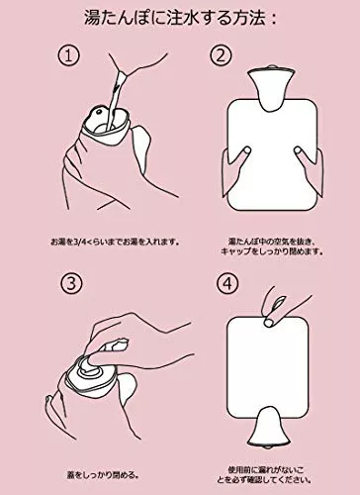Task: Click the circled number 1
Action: click(x=69, y=56)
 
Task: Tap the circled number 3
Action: click(x=71, y=283)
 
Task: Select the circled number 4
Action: click(x=227, y=283)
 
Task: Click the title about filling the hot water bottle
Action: click(x=180, y=18)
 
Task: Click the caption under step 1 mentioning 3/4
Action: click(x=115, y=242)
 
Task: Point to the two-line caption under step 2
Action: click(x=272, y=247)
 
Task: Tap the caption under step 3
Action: click(x=103, y=475)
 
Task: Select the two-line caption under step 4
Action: click(x=264, y=474)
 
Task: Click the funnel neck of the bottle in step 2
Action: click(x=270, y=88)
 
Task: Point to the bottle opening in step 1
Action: click(x=106, y=121)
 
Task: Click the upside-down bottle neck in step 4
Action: click(x=269, y=428)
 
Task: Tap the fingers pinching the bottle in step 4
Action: click(x=277, y=305)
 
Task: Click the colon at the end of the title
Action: click(x=273, y=19)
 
